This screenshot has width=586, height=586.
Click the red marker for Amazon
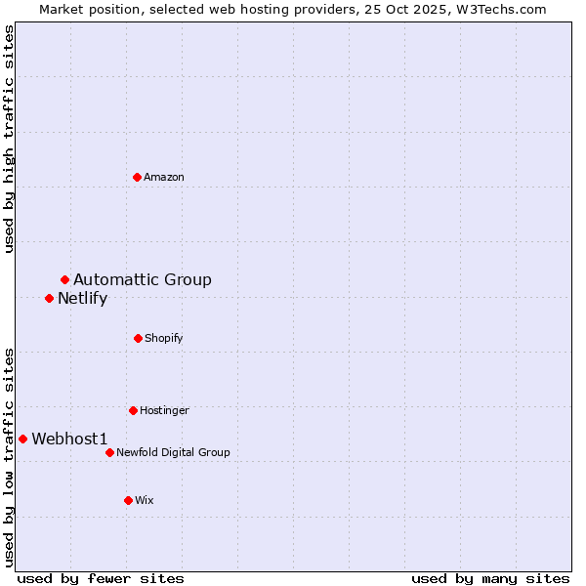click(x=138, y=177)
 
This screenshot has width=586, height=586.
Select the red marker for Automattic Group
click(x=65, y=280)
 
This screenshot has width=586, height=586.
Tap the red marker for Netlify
click(x=50, y=298)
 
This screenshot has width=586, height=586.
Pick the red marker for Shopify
click(x=138, y=338)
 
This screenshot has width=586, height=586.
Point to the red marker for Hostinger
click(x=133, y=410)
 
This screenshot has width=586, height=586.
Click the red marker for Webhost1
click(x=23, y=439)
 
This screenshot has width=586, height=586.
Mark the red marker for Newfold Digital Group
click(x=110, y=452)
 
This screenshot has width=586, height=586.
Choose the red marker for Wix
click(x=128, y=500)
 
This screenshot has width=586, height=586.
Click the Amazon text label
click(x=164, y=177)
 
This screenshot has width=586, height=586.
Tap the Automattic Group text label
click(x=143, y=280)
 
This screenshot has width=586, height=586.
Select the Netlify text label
click(x=82, y=299)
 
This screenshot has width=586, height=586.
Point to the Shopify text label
click(x=164, y=338)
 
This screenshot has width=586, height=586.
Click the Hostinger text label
click(x=164, y=410)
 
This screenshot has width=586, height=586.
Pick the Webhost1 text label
click(x=69, y=439)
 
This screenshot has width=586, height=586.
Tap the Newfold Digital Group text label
click(x=173, y=452)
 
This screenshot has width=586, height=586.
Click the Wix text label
click(x=145, y=500)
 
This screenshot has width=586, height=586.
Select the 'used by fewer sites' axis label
click(x=101, y=578)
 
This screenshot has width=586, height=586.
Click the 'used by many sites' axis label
click(x=490, y=578)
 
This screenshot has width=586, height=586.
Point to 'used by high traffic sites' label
click(x=9, y=139)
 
